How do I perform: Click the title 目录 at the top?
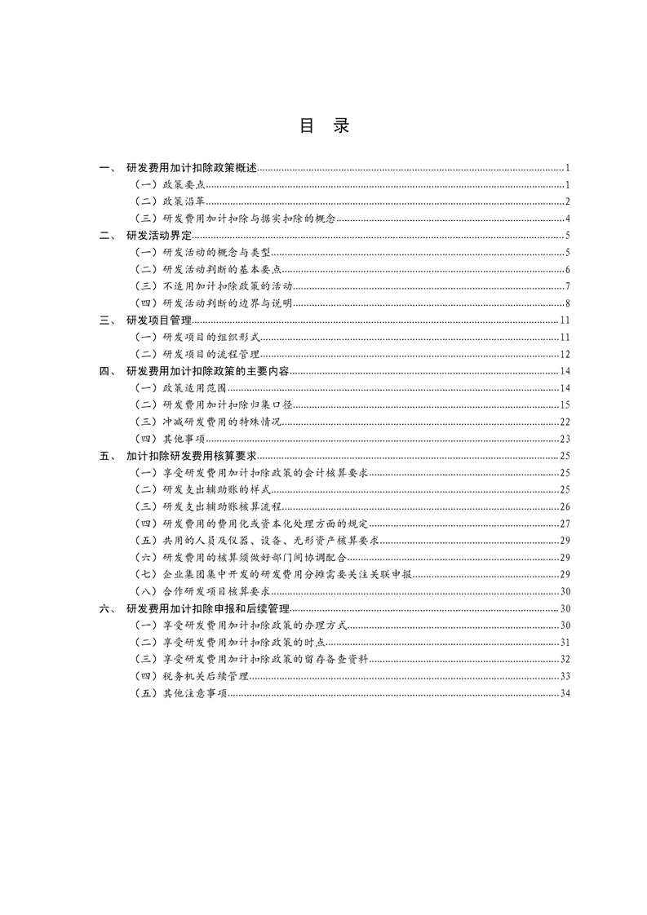coord(324,126)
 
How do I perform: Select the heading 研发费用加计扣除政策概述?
coord(192,168)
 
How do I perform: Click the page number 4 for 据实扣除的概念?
coord(566,219)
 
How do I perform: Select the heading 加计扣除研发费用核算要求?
coord(192,456)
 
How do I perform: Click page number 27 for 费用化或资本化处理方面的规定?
coord(564,524)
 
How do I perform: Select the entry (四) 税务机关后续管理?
coord(192,676)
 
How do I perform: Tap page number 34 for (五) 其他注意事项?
coord(564,693)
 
